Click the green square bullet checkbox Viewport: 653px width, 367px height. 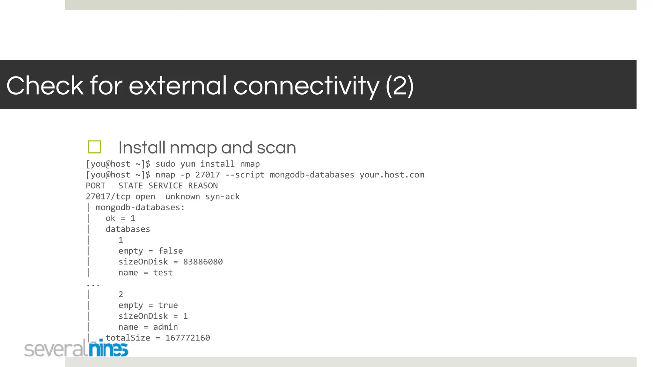[94, 147]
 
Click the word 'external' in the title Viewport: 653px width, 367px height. [177, 86]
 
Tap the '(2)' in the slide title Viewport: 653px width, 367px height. [400, 86]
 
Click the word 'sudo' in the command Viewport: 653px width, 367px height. [165, 164]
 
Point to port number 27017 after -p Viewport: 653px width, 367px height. [208, 175]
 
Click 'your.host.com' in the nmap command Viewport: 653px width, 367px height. [392, 175]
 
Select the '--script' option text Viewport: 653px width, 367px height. [245, 175]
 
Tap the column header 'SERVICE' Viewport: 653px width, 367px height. [165, 186]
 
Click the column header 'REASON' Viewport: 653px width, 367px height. [203, 186]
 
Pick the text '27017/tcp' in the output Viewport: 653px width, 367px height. [108, 197]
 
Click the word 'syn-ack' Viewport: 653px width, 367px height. [223, 197]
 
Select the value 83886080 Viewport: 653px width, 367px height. [203, 262]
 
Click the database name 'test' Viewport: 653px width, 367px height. [163, 273]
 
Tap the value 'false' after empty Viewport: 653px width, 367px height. [170, 251]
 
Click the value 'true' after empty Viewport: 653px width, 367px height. [168, 305]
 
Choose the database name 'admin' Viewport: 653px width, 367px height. [165, 327]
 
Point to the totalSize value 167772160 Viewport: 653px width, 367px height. [187, 338]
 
